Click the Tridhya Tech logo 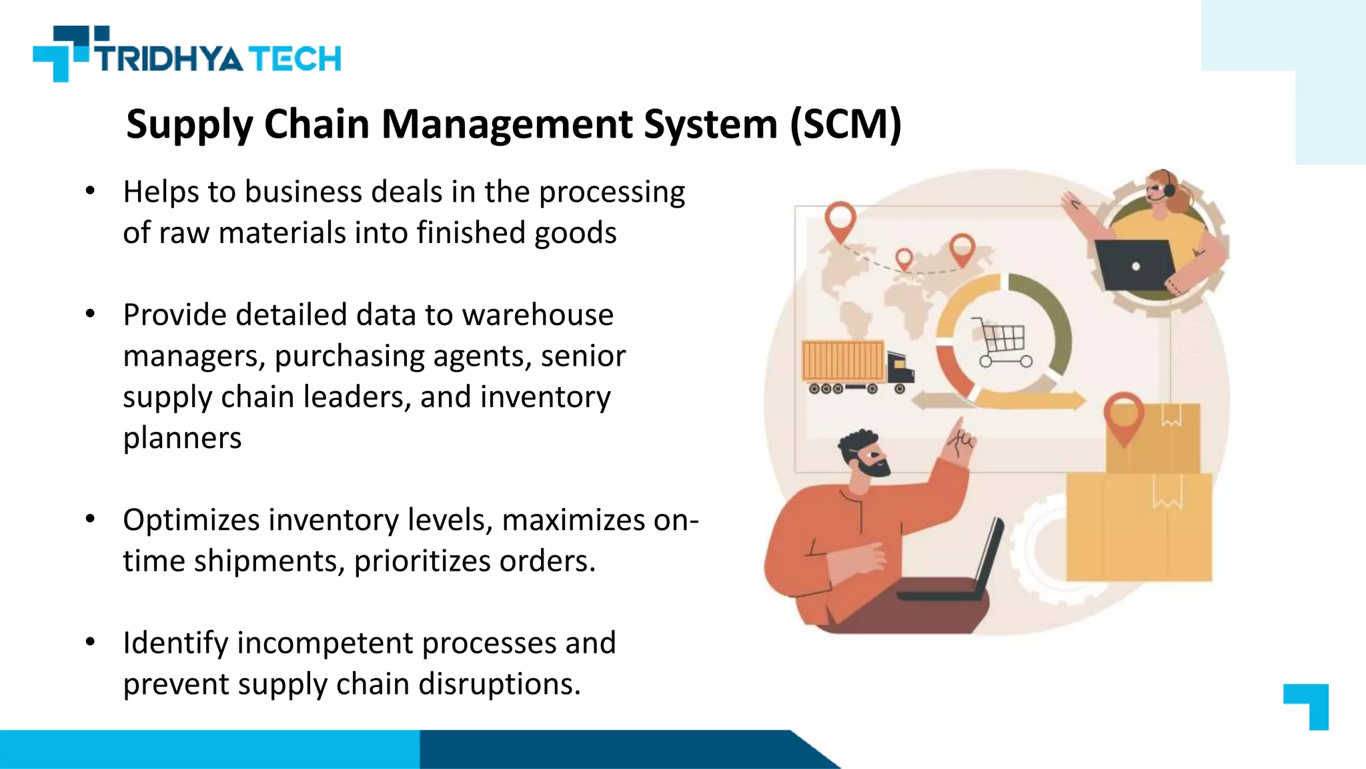coord(187,55)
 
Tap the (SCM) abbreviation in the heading coord(845,125)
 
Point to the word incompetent coord(325,644)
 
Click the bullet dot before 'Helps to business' coord(91,192)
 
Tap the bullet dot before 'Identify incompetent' coord(91,643)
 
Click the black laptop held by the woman coord(1134,264)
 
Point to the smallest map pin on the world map coord(904,258)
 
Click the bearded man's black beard coord(870,467)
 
